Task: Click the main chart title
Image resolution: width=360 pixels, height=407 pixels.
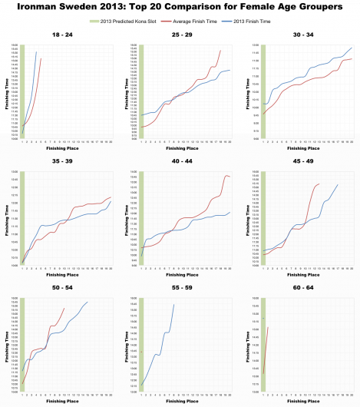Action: pyautogui.click(x=180, y=8)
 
